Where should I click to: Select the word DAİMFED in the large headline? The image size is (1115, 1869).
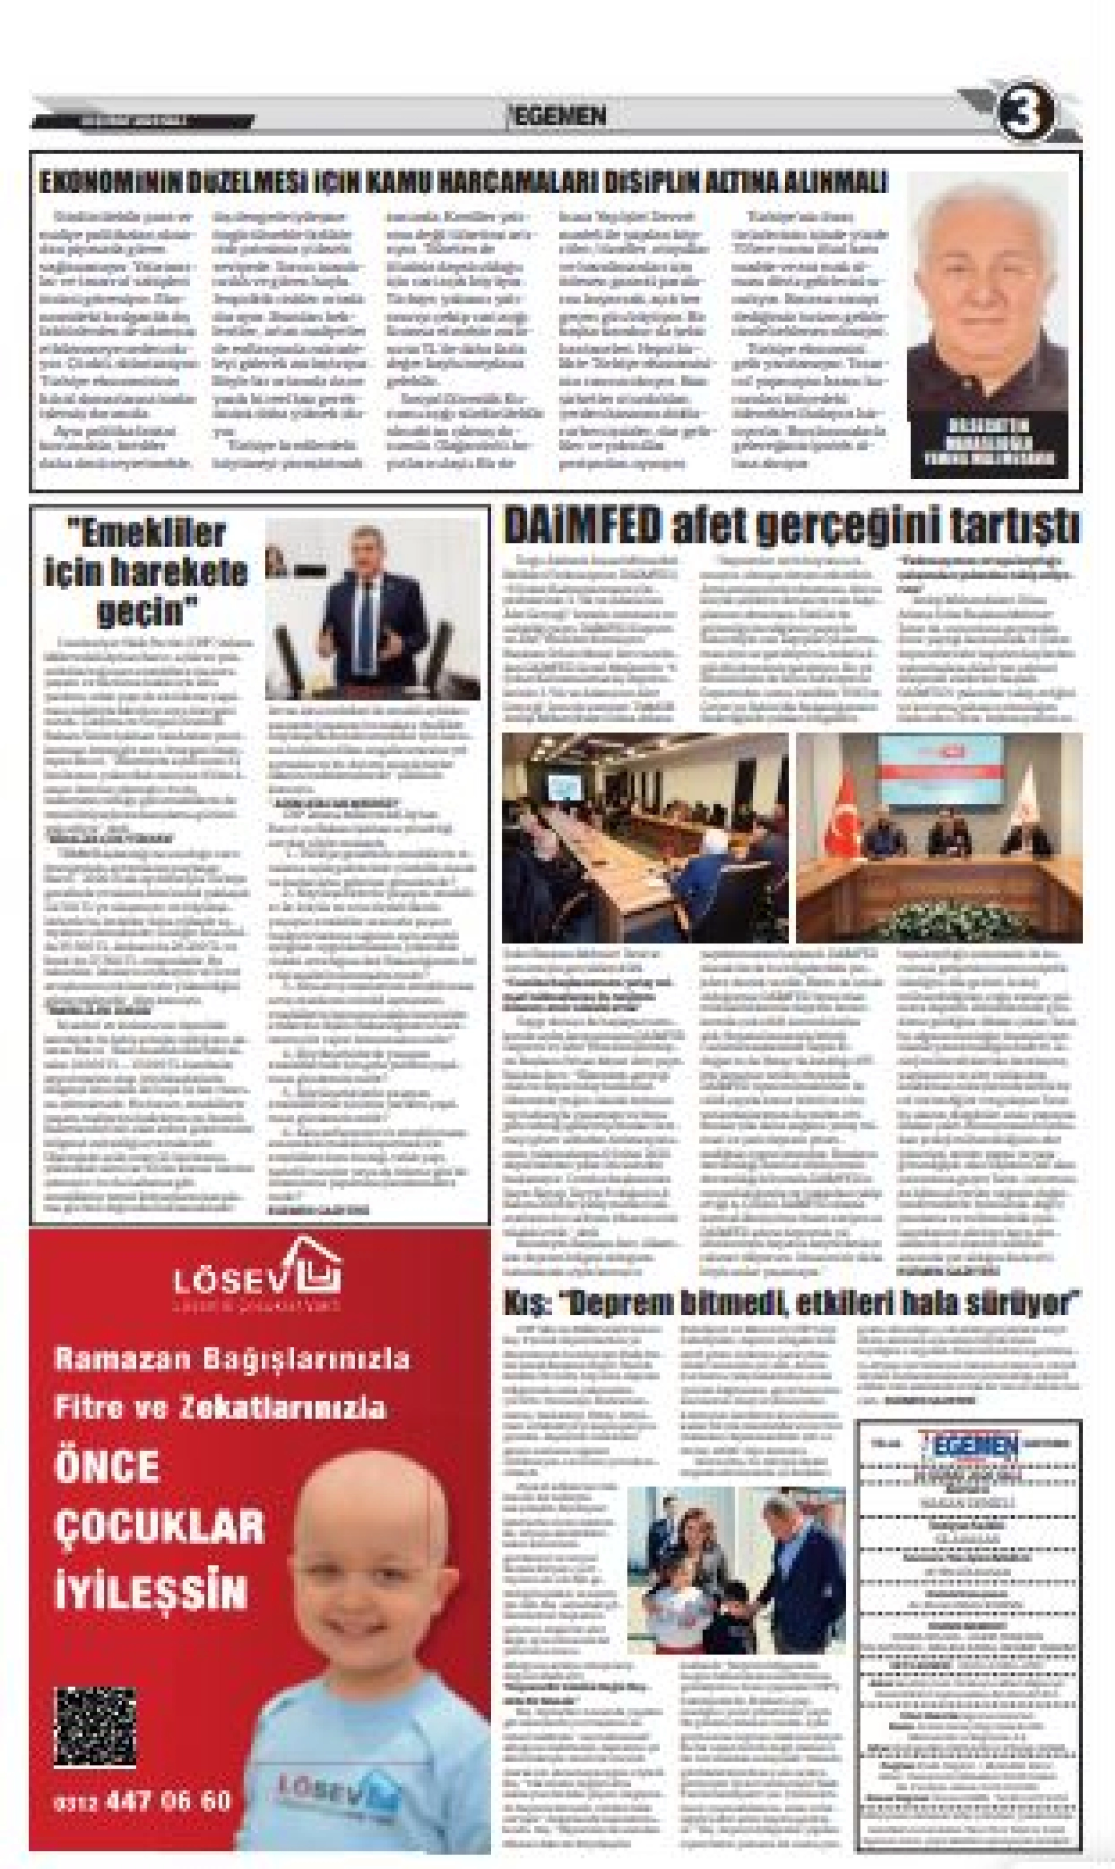[583, 526]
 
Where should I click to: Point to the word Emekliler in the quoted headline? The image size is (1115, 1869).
[147, 533]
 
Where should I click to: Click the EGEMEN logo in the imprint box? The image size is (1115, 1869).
[969, 1442]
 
